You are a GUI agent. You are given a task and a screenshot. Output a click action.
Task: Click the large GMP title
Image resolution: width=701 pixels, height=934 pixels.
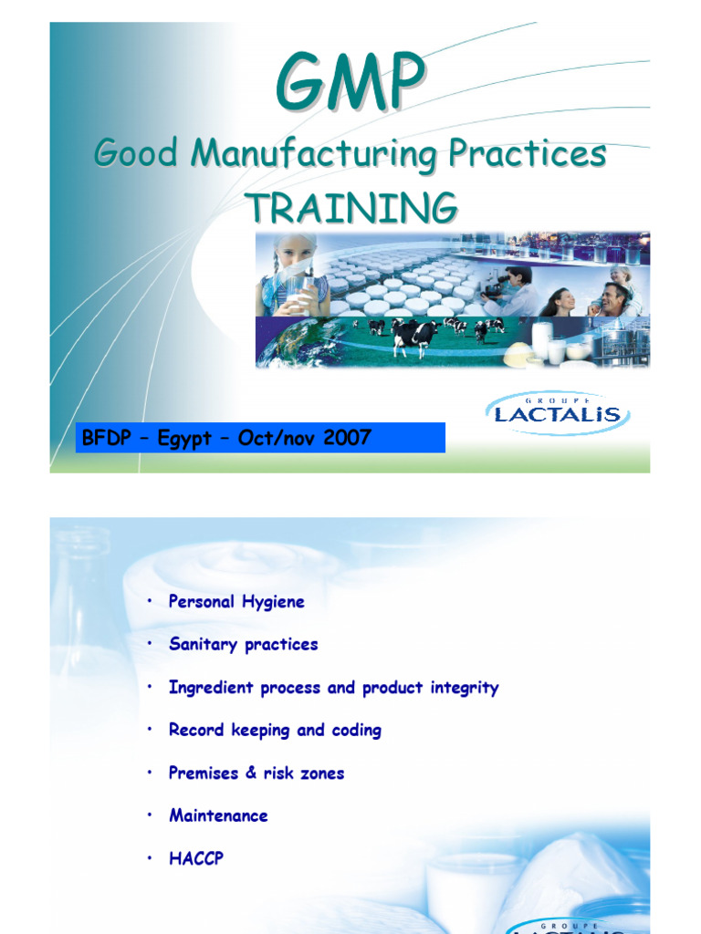350,84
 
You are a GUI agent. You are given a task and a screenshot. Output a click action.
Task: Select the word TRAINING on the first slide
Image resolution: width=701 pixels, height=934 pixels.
350,208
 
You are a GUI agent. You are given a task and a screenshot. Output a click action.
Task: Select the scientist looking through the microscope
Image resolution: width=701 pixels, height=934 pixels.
511,290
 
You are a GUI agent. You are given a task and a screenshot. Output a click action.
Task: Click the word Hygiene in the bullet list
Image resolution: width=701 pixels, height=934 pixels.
272,602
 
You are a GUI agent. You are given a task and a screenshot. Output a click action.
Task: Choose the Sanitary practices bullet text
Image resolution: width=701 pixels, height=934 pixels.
243,644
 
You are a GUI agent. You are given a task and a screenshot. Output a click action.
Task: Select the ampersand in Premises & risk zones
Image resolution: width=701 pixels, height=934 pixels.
252,773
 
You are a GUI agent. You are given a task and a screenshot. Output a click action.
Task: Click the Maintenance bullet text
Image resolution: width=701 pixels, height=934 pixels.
218,815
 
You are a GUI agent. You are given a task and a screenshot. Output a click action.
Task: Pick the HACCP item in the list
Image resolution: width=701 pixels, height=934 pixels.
195,858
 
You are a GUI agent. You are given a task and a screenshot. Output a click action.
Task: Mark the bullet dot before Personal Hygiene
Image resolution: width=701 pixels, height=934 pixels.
150,601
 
